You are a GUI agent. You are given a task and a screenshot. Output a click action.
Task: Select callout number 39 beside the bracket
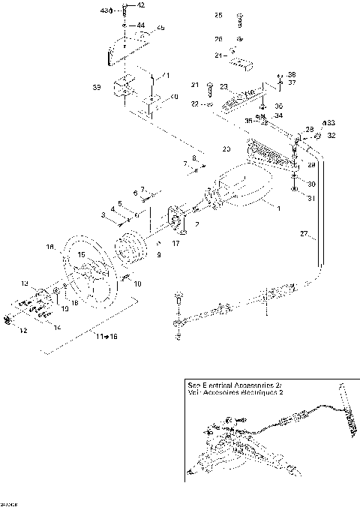(97, 88)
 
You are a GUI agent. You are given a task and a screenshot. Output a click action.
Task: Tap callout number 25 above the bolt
(218, 15)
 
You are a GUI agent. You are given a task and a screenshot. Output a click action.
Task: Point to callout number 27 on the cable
(304, 234)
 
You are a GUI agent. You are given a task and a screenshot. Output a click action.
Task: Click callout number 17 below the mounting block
(177, 242)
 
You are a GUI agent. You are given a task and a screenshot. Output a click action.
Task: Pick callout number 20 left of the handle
(226, 148)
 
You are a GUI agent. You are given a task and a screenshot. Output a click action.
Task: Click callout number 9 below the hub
(158, 255)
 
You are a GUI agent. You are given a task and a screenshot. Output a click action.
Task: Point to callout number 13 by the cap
(23, 284)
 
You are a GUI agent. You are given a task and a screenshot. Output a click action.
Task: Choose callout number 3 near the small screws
(104, 214)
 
